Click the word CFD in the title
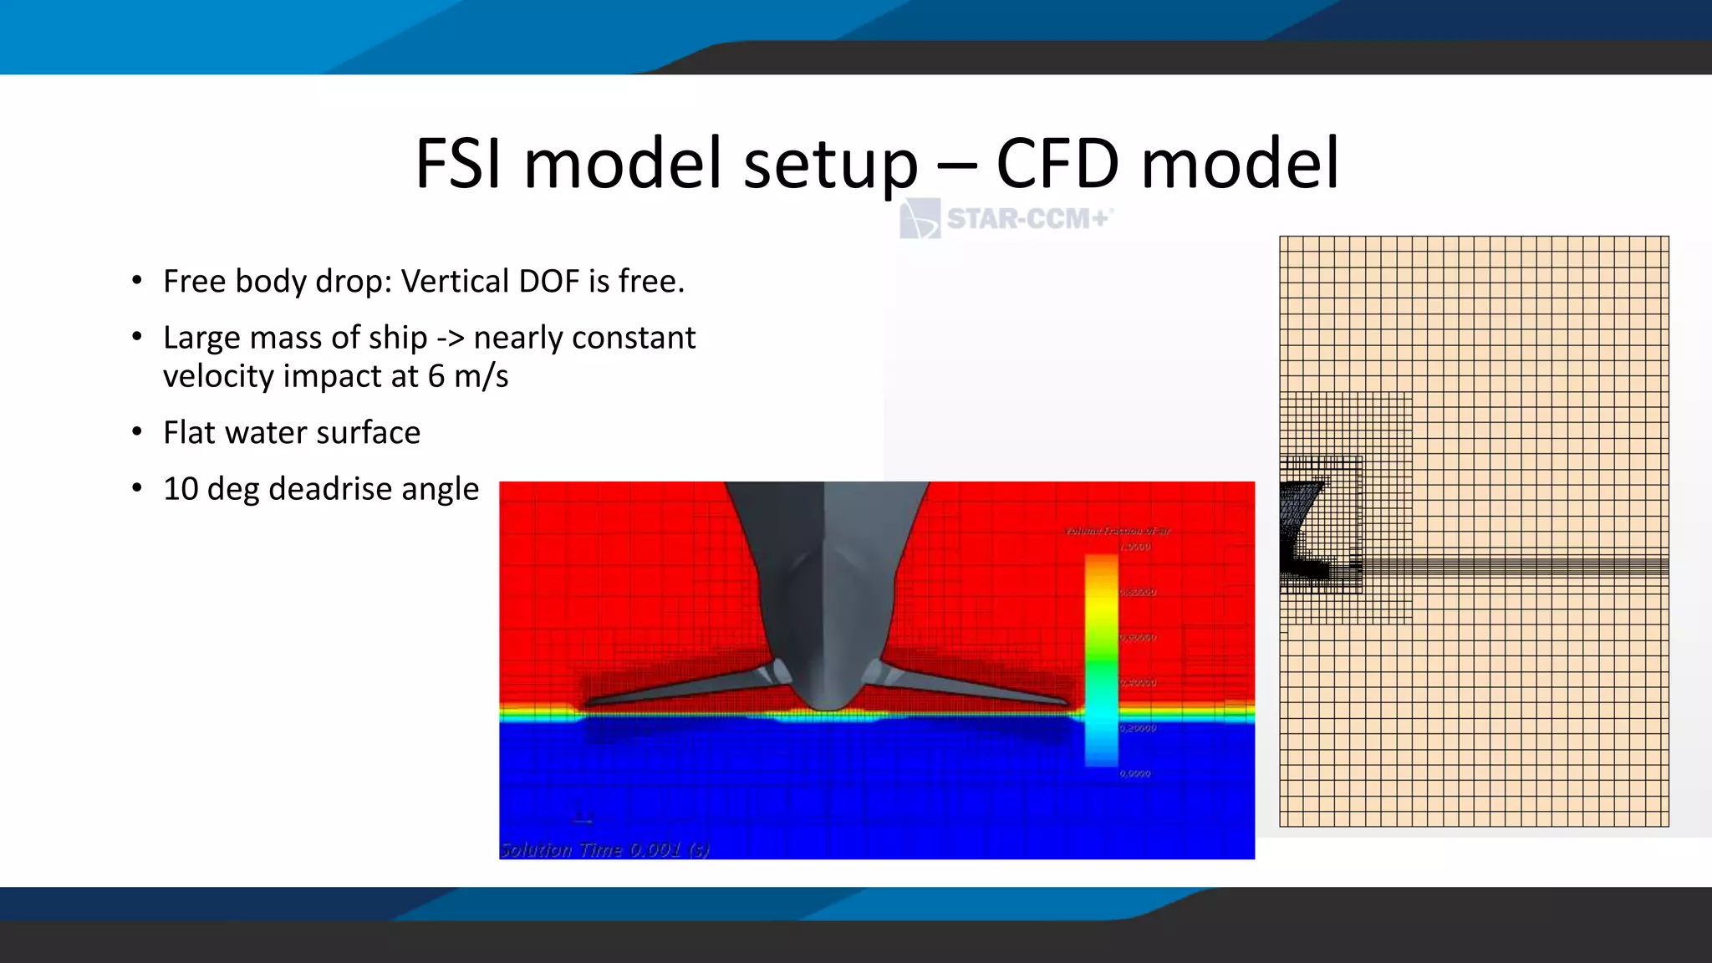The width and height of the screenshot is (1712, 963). (x=1057, y=164)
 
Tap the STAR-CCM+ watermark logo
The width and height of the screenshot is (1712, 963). (x=1006, y=219)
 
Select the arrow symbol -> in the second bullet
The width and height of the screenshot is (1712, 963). (x=451, y=338)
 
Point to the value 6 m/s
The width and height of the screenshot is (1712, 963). (x=467, y=376)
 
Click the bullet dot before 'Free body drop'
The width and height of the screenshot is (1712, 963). (x=137, y=281)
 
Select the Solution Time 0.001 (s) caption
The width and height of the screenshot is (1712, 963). (x=604, y=849)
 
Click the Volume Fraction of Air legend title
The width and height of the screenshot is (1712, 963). (x=1118, y=531)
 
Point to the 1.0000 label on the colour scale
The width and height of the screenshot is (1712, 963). (x=1136, y=547)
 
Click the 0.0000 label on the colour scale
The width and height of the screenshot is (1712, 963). (x=1136, y=773)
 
